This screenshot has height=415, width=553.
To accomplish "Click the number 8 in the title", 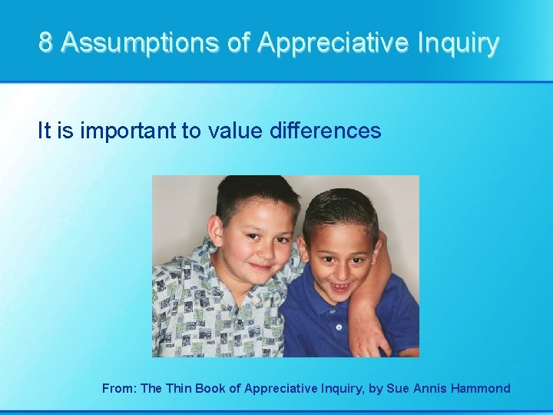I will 46,43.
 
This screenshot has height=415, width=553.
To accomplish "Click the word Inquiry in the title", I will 459,43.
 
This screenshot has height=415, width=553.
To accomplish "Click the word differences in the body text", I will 326,131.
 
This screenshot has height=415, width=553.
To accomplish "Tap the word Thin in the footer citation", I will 179,388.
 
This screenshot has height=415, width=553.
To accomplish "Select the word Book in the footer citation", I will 211,388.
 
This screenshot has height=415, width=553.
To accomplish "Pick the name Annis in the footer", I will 434,388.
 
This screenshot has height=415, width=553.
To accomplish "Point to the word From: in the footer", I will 120,388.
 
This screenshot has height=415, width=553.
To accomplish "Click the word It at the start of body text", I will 45,131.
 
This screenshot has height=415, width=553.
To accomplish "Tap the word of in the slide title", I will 239,43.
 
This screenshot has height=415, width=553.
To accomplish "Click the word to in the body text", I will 190,131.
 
